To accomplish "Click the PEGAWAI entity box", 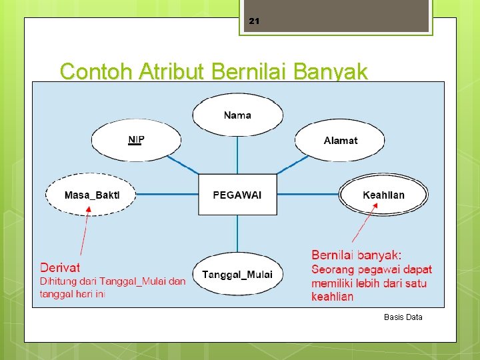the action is click(237, 195).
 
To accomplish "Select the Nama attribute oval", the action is click(237, 115).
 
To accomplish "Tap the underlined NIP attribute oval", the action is click(136, 140).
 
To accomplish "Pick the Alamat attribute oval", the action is click(340, 140).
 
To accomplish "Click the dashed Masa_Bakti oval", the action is click(91, 195).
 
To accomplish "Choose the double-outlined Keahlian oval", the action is click(383, 195).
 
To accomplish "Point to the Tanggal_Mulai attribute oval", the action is click(237, 274).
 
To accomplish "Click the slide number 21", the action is click(253, 21).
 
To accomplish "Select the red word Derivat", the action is click(60, 267).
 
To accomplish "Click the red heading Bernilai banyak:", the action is click(356, 255).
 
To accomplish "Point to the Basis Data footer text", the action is click(403, 317).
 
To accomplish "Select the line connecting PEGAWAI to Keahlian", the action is click(308, 195).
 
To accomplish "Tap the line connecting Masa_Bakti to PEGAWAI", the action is click(167, 195).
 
